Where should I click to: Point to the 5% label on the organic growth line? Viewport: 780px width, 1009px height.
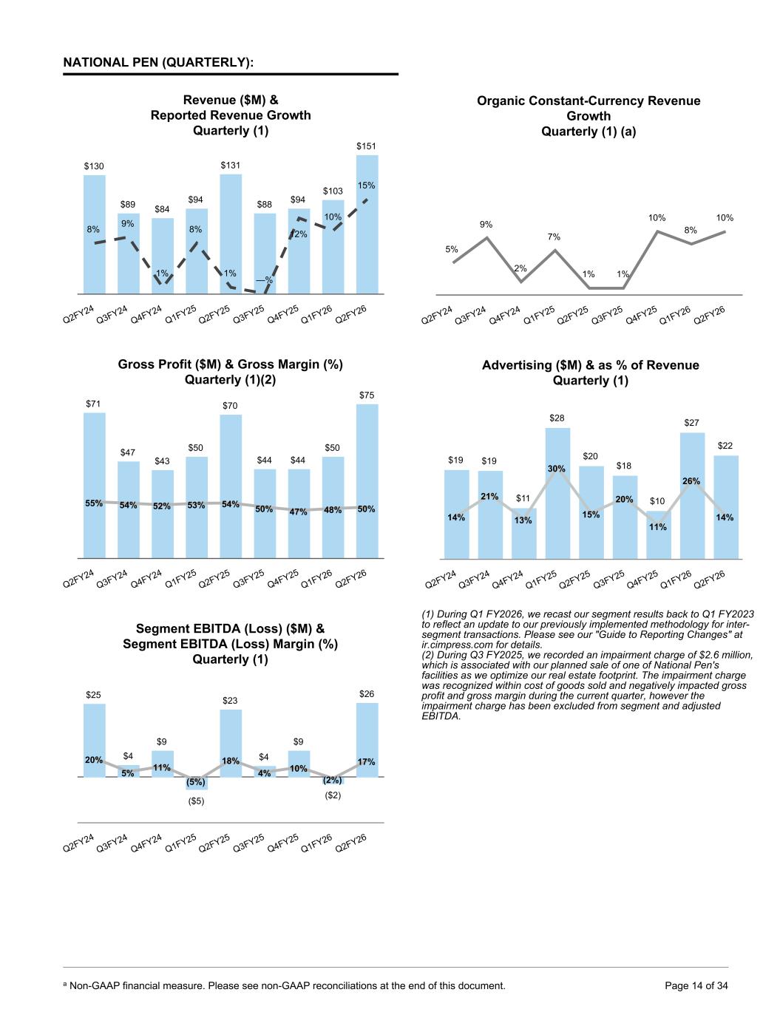coord(451,250)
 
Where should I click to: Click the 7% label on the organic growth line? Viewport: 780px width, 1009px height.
coord(554,237)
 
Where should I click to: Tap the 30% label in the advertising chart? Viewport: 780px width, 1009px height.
coord(556,469)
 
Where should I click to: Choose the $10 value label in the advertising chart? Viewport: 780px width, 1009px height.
coord(657,501)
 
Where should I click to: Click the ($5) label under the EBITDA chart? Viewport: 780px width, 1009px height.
coord(196,802)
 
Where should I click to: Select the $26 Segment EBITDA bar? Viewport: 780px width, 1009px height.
coord(367,739)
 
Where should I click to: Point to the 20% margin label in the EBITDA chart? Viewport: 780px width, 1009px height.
coord(94,760)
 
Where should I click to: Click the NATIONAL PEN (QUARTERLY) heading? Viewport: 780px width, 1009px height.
coord(158,63)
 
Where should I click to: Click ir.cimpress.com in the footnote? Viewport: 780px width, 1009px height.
coord(453,645)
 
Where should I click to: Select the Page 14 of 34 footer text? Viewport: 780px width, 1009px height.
coord(696,985)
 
